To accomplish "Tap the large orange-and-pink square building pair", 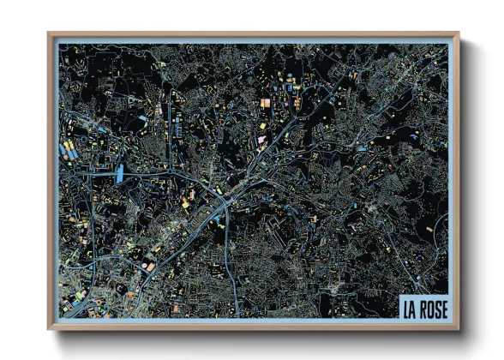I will click(x=265, y=104).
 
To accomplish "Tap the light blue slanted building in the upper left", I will click(x=142, y=117).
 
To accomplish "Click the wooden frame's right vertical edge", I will click(x=455, y=180).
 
